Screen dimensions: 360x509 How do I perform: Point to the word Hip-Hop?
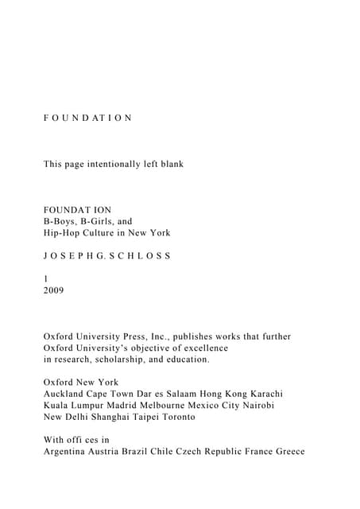[x=62, y=233]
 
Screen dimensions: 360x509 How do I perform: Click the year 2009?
[x=53, y=290]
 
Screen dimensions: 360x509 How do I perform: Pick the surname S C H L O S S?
[x=140, y=256]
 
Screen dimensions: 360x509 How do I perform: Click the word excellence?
[x=201, y=348]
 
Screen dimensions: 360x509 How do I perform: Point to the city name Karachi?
[x=263, y=394]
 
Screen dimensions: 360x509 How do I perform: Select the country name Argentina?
[x=67, y=451]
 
